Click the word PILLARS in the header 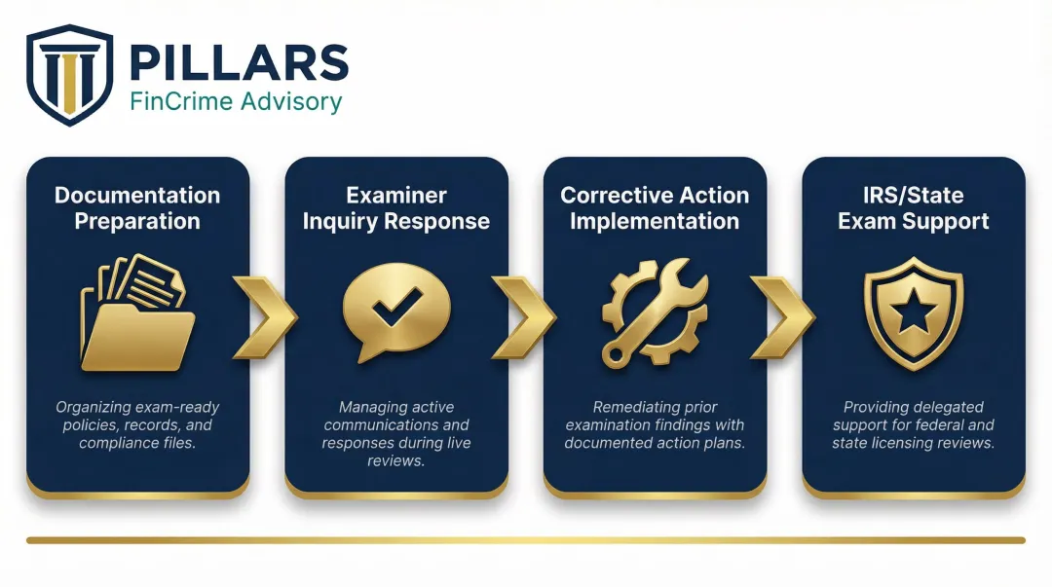tap(238, 63)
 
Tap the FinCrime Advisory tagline tap(236, 101)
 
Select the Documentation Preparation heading tap(137, 207)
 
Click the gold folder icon tap(136, 313)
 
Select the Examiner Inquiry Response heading tap(395, 207)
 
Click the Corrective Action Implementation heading tap(654, 207)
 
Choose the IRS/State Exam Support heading tap(913, 207)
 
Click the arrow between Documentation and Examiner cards tap(265, 316)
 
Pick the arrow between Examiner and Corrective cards tap(524, 316)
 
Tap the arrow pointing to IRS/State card tap(783, 316)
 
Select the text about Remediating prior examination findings tap(654, 425)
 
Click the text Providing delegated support tap(913, 425)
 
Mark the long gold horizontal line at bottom tap(526, 539)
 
